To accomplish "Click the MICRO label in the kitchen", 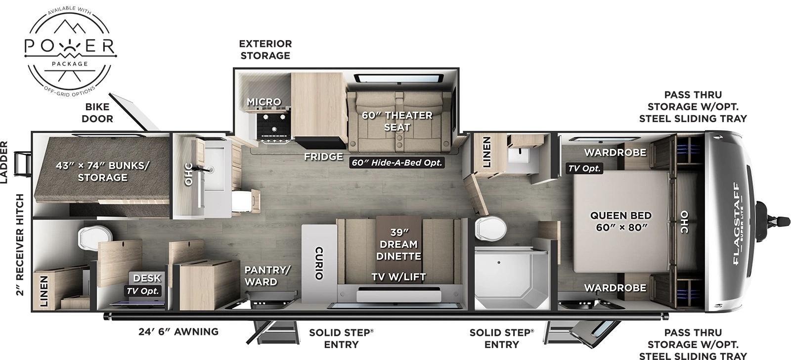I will tap(264, 102).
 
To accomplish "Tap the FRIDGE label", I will tap(323, 157).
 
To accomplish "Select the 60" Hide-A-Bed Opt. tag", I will tap(396, 162).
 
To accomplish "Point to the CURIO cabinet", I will tap(319, 262).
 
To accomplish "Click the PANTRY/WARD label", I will tap(267, 275).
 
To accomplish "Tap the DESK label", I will tap(147, 278).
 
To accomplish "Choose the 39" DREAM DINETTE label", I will tap(398, 244).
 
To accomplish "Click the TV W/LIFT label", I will tap(398, 276).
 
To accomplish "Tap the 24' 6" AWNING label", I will tap(178, 331).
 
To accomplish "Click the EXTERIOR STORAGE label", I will tap(265, 49).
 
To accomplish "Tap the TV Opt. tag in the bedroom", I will tap(584, 168).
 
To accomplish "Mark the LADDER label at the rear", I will tap(4, 162).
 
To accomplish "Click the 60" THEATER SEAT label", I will tap(397, 121).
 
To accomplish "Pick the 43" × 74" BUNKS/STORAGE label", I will tap(102, 171).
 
